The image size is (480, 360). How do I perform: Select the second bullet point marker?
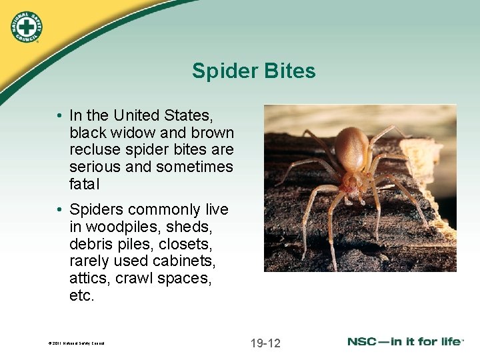coord(60,210)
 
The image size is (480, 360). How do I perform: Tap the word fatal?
coord(84,184)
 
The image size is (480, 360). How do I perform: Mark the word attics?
coord(89,279)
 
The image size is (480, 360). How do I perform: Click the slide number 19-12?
coord(265,343)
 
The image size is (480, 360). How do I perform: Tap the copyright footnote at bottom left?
coord(77,344)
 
